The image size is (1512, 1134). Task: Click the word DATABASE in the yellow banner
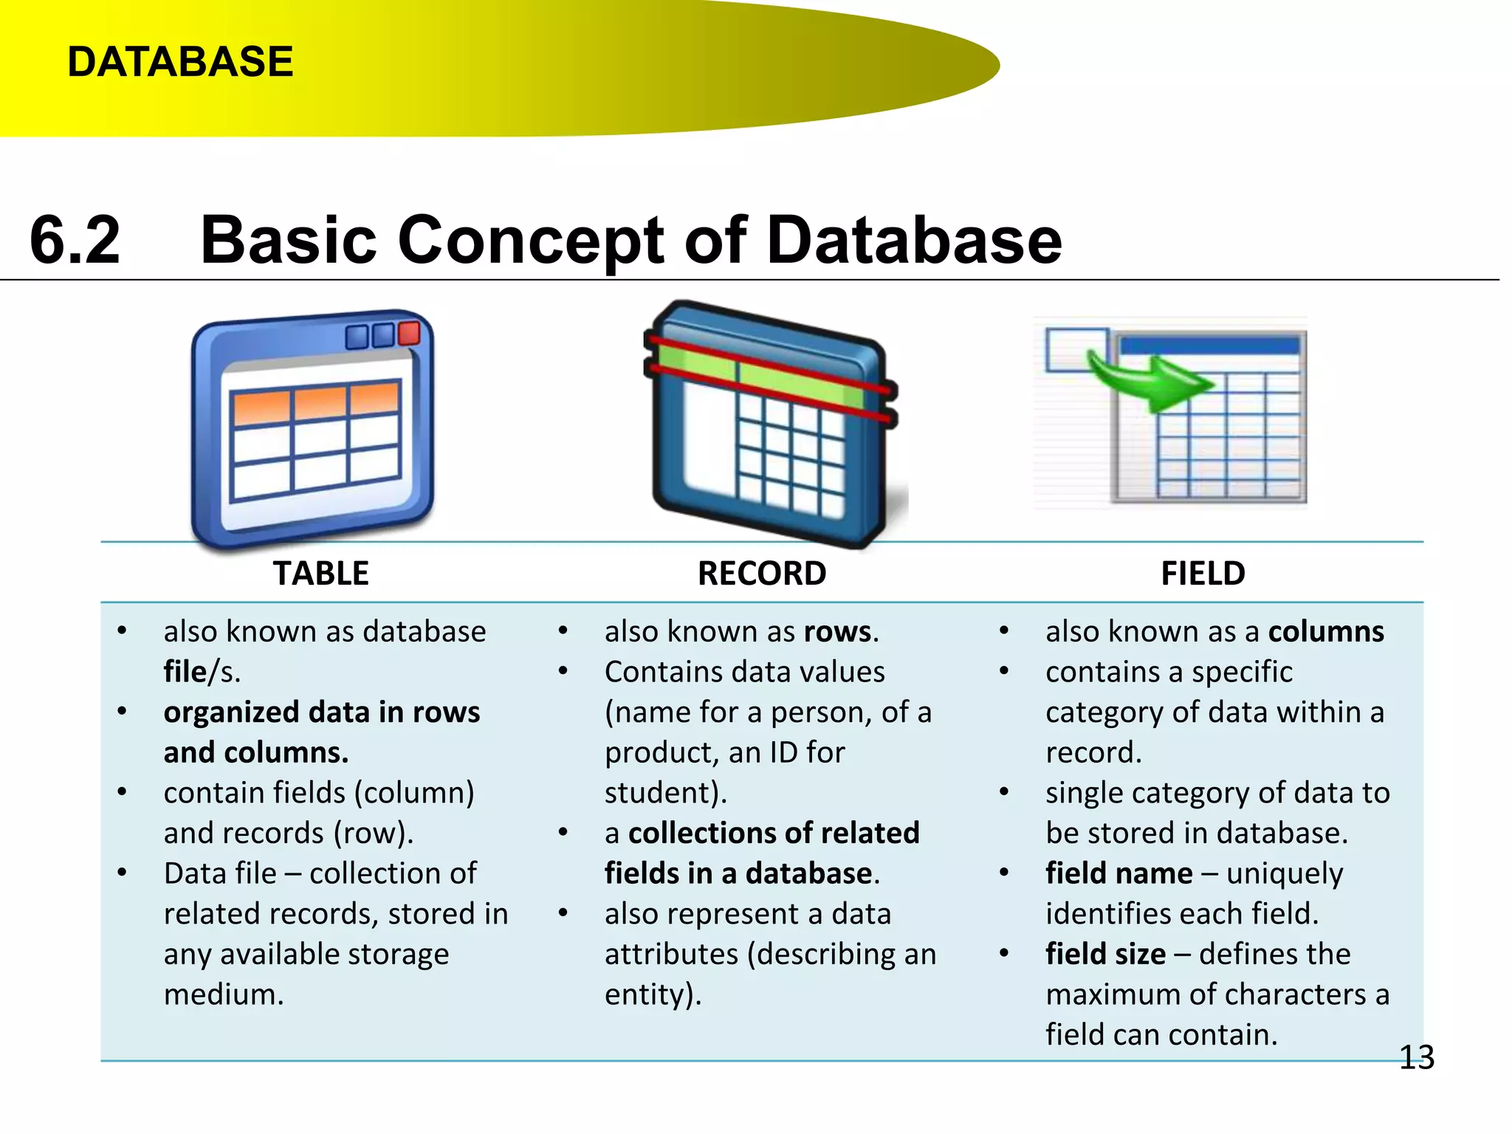[180, 61]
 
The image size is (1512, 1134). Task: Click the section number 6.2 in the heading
[75, 239]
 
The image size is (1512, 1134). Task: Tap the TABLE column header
[320, 574]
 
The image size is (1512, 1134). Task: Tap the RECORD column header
[762, 574]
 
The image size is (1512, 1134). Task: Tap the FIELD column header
[1203, 574]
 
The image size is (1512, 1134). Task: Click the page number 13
[1416, 1057]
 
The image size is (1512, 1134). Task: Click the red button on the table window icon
[409, 332]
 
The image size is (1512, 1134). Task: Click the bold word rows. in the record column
[841, 632]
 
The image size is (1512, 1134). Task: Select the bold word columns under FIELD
[1326, 632]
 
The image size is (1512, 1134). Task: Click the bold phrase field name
[1118, 873]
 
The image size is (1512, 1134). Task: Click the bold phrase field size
[1105, 954]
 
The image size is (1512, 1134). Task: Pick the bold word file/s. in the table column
[201, 672]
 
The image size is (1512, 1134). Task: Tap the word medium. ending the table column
[224, 994]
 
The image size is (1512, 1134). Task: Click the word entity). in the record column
[653, 994]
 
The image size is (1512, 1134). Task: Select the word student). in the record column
[665, 793]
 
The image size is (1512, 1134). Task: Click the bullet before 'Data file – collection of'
[123, 873]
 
